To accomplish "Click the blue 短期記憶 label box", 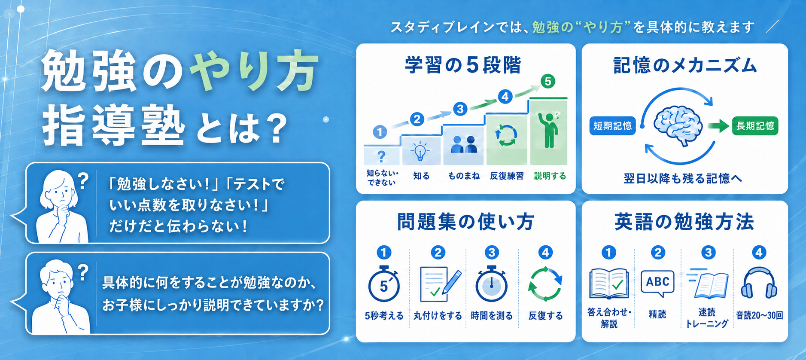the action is [612, 125].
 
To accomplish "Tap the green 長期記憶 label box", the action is [755, 125].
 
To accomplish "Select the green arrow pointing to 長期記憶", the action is [718, 126].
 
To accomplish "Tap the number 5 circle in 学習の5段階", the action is [547, 81].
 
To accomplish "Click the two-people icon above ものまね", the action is [464, 144].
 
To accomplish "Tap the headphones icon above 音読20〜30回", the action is [759, 283].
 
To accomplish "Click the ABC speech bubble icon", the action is [657, 283].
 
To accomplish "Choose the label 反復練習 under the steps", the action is [507, 176].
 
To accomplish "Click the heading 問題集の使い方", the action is [465, 222].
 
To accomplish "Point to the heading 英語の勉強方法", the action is [684, 222].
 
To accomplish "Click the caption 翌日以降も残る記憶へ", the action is [683, 178].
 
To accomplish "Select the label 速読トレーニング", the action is [706, 318].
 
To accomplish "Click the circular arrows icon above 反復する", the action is [545, 284].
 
